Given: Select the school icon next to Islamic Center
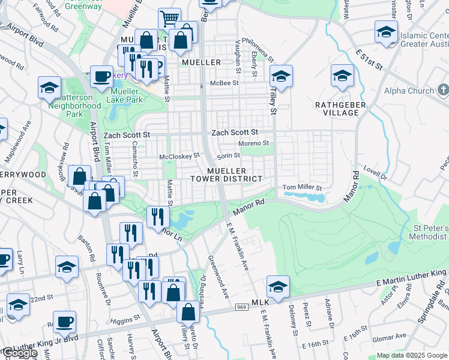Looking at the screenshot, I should point(386,32).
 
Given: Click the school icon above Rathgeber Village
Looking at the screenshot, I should point(342,76).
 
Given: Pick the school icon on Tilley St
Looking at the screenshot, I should point(280,76).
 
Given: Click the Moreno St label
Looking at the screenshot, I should point(253,143).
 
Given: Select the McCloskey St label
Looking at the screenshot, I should point(179,156).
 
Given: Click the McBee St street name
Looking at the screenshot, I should point(224,83).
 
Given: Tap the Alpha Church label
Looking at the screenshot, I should point(409,91).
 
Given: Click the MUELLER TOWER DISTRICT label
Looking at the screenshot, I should point(226,175).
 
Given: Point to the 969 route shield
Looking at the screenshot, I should point(241,306).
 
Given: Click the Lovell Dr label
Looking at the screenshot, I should point(375,175).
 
